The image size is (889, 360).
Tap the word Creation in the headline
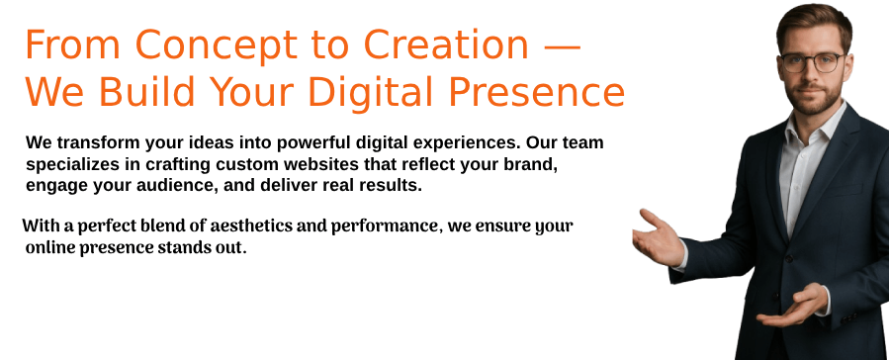pyautogui.click(x=446, y=45)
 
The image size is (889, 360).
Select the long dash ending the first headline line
pyautogui.click(x=563, y=46)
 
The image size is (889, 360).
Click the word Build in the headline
pyautogui.click(x=148, y=92)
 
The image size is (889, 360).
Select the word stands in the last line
pyautogui.click(x=176, y=248)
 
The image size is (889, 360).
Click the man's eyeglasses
pyautogui.click(x=813, y=62)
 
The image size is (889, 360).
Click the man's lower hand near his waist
pyautogui.click(x=793, y=307)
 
